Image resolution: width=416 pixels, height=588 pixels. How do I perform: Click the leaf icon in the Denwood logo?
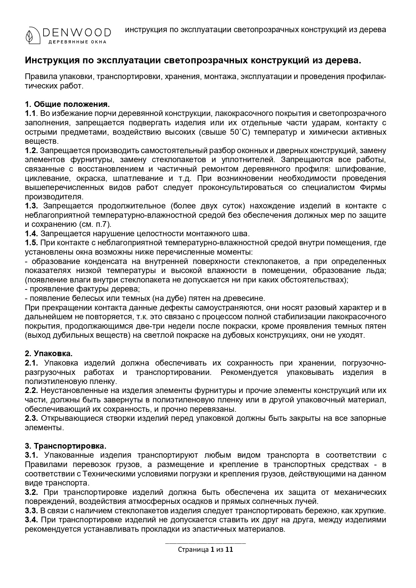tap(33, 35)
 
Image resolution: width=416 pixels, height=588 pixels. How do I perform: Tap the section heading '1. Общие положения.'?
tap(67, 104)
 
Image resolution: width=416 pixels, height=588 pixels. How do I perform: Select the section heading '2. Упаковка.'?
tap(49, 353)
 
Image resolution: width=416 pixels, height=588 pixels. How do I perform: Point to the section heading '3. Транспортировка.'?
tap(66, 446)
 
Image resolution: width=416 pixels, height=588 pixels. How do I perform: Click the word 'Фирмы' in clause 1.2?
tap(375, 187)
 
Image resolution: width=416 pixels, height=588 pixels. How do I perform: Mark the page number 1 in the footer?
tap(212, 549)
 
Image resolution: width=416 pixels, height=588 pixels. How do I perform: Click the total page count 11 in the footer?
tap(229, 549)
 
